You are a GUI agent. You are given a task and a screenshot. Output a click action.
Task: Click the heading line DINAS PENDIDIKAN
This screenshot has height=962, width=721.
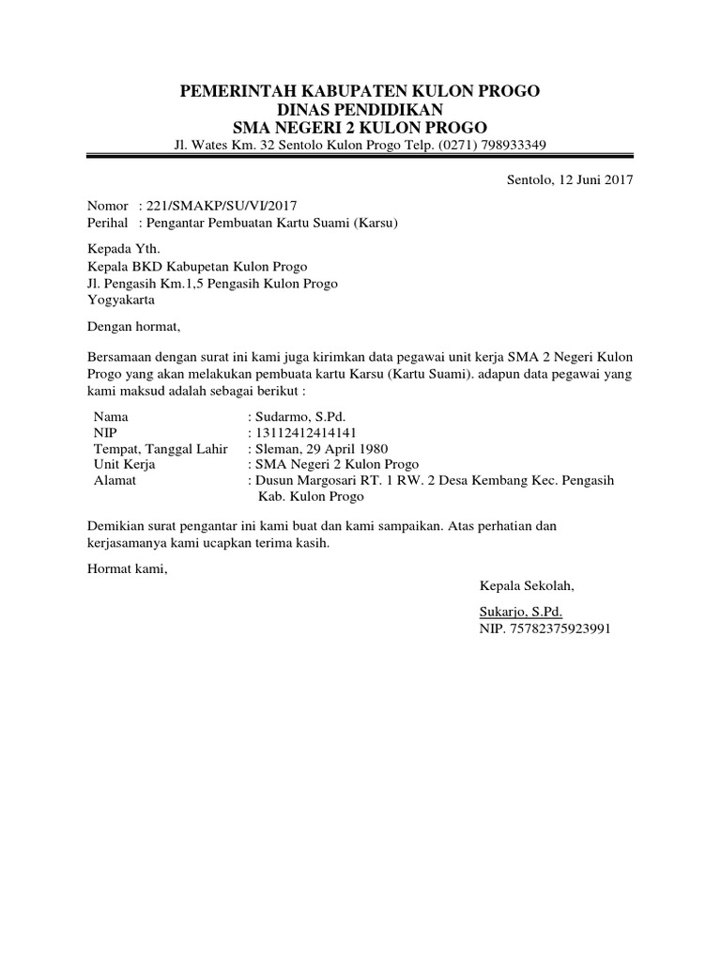click(x=360, y=110)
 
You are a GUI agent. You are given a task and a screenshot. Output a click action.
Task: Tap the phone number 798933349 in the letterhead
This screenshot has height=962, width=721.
click(x=505, y=145)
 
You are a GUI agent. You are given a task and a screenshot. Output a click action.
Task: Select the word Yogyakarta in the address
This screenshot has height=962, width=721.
click(x=122, y=301)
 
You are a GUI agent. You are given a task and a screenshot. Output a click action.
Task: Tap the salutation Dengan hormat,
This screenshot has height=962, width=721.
click(x=131, y=327)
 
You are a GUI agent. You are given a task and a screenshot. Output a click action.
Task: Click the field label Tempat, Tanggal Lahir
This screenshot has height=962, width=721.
click(x=161, y=448)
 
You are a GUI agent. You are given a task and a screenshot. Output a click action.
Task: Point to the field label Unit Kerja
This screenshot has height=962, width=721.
click(x=125, y=464)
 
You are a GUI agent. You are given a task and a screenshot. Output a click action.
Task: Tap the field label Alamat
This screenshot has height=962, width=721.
click(x=115, y=480)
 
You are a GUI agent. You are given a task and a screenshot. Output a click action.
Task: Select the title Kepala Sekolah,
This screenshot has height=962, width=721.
click(x=527, y=586)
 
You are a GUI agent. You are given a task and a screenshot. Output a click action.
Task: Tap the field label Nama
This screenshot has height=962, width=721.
click(x=112, y=415)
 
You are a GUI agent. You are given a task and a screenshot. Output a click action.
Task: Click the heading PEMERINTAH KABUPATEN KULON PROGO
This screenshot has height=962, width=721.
click(x=360, y=91)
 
